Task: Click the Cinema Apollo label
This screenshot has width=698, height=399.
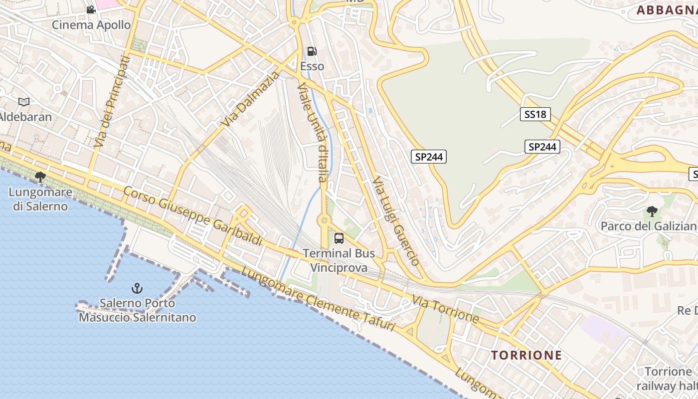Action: [x=91, y=24]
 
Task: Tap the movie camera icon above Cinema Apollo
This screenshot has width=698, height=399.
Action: [x=91, y=9]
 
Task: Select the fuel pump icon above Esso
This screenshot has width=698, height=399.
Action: [x=312, y=51]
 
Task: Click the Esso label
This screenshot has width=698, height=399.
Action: [x=312, y=66]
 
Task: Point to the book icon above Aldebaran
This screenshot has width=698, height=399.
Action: [x=23, y=102]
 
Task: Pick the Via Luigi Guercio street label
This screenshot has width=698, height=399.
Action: [x=396, y=220]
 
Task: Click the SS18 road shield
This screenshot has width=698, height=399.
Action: [x=535, y=114]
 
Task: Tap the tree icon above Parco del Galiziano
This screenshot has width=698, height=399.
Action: [x=652, y=211]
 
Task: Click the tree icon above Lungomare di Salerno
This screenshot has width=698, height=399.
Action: [x=40, y=177]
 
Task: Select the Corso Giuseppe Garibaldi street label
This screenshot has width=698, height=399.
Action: [x=192, y=215]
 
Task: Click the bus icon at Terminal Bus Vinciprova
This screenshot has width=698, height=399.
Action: [x=339, y=238]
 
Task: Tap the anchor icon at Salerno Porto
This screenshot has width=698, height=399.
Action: [x=137, y=288]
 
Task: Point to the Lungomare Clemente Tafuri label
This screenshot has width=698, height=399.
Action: [x=318, y=299]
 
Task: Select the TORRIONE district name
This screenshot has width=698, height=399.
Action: [x=526, y=355]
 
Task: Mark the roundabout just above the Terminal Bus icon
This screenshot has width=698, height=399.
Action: [x=324, y=219]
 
